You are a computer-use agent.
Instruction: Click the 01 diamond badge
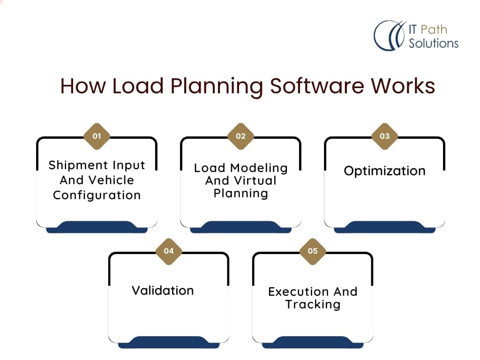(97, 136)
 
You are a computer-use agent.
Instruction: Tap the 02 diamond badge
(240, 136)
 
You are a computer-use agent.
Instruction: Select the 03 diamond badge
(384, 136)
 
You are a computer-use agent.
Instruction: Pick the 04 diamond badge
(169, 251)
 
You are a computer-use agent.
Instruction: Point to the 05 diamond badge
(313, 251)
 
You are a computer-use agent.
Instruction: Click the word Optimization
(384, 171)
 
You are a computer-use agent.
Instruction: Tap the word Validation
(163, 291)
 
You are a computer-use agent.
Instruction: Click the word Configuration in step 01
(97, 195)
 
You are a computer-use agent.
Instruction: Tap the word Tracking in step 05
(313, 304)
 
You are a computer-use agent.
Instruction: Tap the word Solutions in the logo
(433, 44)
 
